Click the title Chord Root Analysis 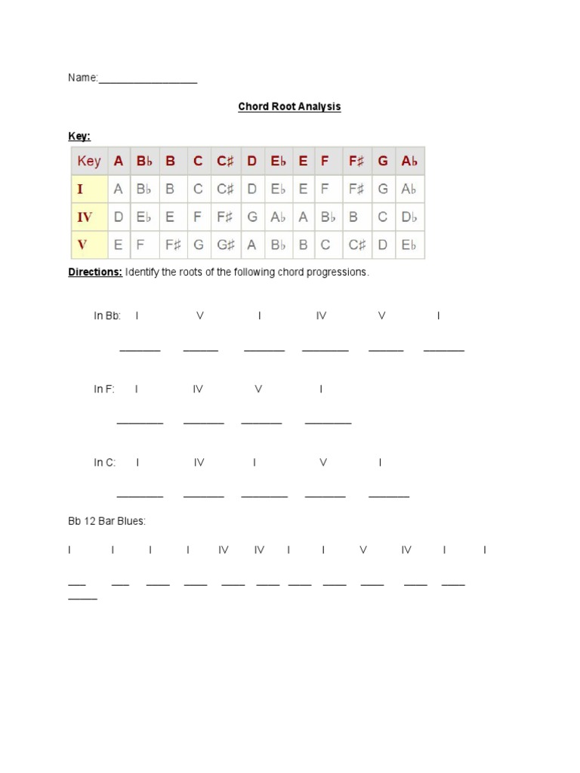tap(289, 106)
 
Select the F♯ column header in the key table tap(356, 161)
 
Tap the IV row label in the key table tap(85, 217)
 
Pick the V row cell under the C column tap(198, 245)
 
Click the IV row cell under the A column tap(118, 217)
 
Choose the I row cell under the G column tap(383, 189)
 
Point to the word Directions tap(95, 272)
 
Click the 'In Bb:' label tap(107, 316)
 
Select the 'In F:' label tap(104, 389)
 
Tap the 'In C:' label tap(105, 462)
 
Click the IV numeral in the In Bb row tap(321, 316)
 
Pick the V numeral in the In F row tap(258, 389)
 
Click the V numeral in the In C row tap(322, 462)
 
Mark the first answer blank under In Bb tap(140, 349)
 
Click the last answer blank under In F tap(328, 422)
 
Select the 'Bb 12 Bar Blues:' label tap(106, 521)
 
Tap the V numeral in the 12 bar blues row tap(363, 550)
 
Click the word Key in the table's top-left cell tap(89, 161)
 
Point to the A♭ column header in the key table tap(409, 161)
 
